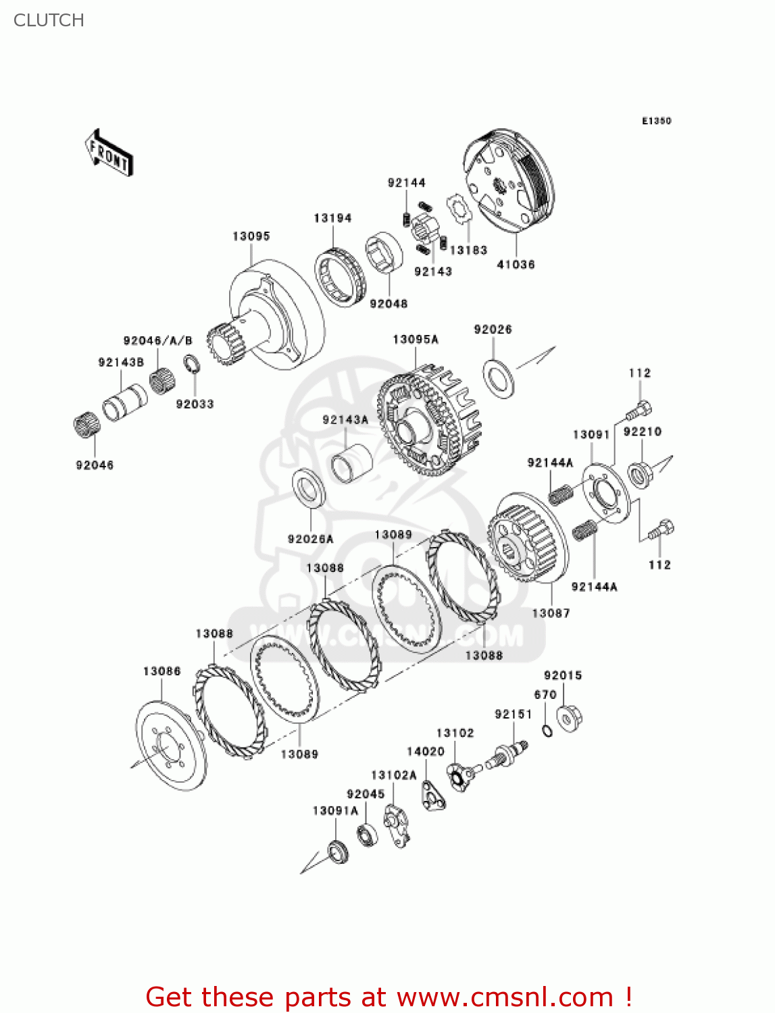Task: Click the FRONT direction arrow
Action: coord(108,153)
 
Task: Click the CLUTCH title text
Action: coord(49,20)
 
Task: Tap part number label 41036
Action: coord(516,265)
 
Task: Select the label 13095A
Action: coord(415,339)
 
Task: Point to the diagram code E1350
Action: coord(656,121)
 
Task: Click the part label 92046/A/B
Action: coord(157,341)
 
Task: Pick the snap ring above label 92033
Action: coord(192,365)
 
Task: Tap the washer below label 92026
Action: coord(499,378)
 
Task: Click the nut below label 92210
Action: coord(639,473)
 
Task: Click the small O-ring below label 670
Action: coord(547,729)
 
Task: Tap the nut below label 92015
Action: coord(569,717)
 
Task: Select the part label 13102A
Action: coord(393,775)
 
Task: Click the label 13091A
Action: coord(335,810)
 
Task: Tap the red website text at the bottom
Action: coord(389,997)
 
